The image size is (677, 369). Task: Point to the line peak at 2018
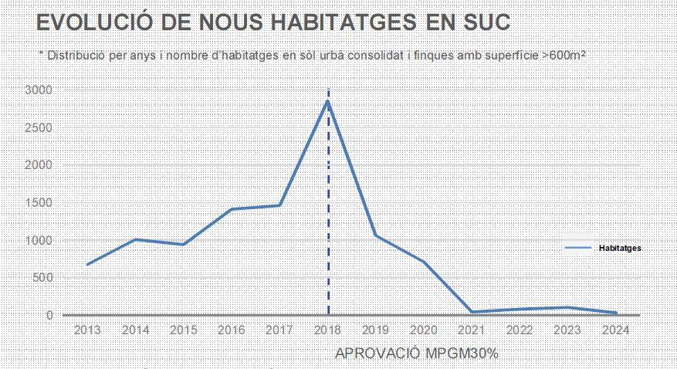pos(328,101)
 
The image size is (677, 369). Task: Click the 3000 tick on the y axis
pos(39,90)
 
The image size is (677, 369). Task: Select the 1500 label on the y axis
pos(39,203)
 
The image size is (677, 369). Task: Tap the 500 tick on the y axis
pos(42,278)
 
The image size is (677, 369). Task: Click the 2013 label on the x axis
pos(88,330)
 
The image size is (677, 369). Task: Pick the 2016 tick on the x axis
pos(232,330)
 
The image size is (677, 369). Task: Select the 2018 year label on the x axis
pos(328,330)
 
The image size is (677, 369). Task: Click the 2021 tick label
pos(472,330)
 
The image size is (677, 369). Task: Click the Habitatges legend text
pos(620,248)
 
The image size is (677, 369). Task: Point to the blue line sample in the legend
pos(578,248)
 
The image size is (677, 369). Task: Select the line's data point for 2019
pos(376,235)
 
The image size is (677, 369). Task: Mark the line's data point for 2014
pos(136,239)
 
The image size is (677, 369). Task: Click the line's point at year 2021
pos(472,313)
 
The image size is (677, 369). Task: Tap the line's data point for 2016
pos(232,209)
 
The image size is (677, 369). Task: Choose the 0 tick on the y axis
pos(49,315)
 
